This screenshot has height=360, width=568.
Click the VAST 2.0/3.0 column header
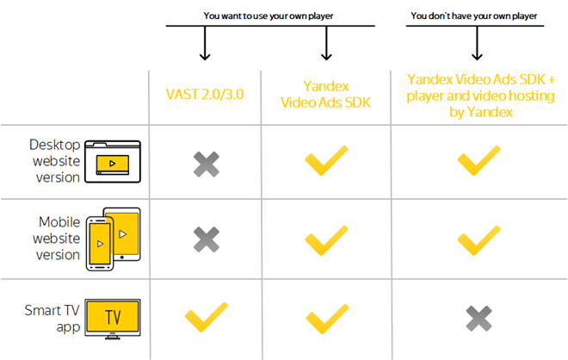coord(205,94)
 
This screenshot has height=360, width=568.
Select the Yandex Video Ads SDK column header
coord(327,94)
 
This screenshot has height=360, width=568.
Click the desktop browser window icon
coord(115,160)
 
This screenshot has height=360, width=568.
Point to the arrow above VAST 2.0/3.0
coord(205,44)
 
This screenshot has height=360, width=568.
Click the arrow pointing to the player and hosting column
coord(475,44)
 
